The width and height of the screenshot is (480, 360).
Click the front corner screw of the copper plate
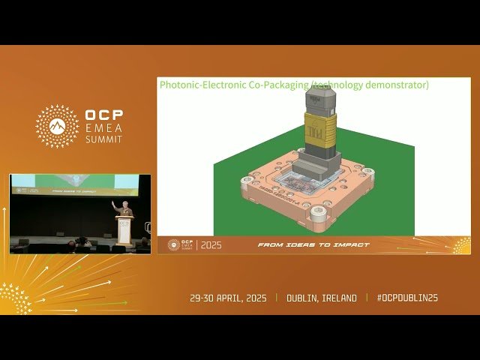[318, 217]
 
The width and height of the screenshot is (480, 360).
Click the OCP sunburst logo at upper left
[57, 126]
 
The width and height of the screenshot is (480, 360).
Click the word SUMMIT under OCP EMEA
[103, 140]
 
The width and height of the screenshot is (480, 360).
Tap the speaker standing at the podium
[125, 209]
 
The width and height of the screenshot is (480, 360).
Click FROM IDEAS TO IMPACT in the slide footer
[314, 245]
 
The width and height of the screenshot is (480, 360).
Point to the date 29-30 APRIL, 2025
[229, 298]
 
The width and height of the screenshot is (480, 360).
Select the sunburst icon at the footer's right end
[460, 245]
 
